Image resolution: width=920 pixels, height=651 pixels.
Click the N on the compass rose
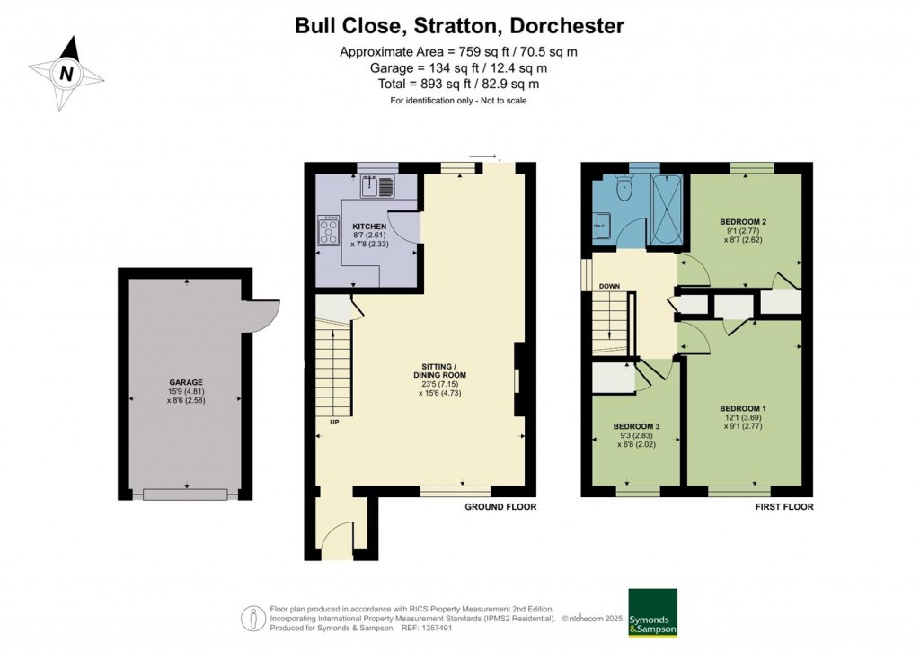(66, 74)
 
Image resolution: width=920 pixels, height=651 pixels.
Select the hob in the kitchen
(329, 231)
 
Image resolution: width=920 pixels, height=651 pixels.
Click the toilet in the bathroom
(623, 187)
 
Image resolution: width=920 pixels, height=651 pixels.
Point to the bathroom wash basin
(601, 226)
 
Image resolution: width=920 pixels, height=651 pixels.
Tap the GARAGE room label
(186, 383)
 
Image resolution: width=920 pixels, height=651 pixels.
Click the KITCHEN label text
(369, 227)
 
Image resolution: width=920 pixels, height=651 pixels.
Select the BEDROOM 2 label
(743, 222)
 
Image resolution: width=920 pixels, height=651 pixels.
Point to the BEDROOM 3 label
(637, 426)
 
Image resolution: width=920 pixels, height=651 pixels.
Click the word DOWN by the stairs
(609, 287)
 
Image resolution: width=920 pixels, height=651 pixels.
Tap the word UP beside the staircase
(334, 422)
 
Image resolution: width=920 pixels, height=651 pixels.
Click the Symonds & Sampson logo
(652, 612)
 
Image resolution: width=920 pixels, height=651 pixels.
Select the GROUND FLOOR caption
(500, 506)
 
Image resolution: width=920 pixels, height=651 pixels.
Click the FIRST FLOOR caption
(784, 506)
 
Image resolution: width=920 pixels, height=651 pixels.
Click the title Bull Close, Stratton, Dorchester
(459, 26)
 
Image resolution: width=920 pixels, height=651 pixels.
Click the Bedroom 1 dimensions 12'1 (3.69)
(743, 418)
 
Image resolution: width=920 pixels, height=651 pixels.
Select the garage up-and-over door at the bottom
(185, 495)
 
